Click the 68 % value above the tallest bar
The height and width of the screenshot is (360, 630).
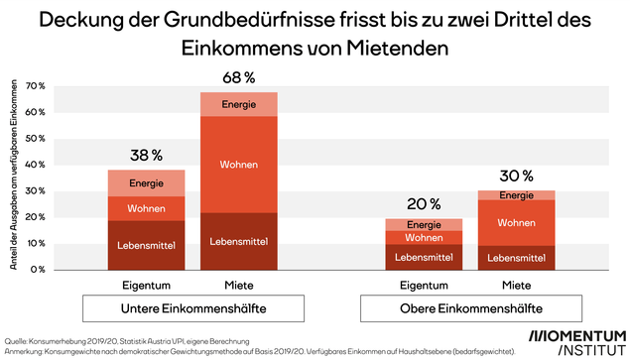tap(239, 77)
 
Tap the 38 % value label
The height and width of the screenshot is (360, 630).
tap(146, 155)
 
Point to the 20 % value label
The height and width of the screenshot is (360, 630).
tap(424, 203)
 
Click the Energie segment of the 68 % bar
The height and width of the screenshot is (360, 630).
tap(239, 104)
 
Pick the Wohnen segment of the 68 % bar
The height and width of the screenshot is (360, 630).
tap(239, 165)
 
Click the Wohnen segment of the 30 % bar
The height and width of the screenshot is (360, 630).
tap(516, 223)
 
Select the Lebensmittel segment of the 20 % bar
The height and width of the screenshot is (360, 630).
tap(424, 257)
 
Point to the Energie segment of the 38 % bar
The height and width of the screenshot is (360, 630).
tap(147, 183)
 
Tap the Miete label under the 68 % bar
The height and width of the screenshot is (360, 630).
tap(239, 284)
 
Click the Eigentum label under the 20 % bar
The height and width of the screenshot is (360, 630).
tap(424, 284)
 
